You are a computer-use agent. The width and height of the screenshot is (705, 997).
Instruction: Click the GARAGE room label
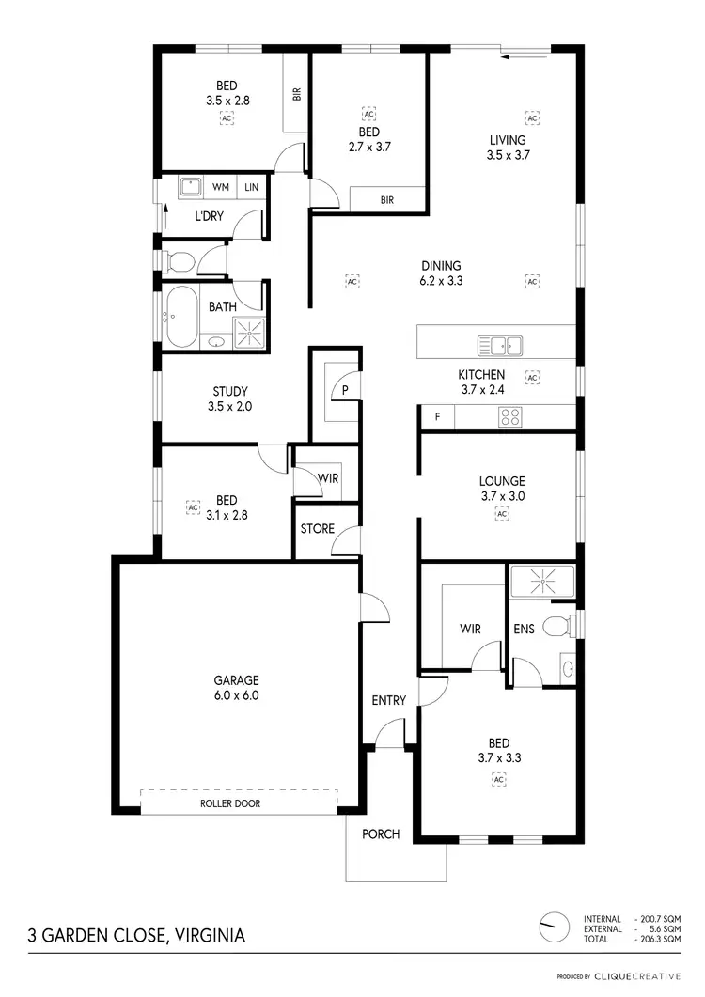tap(235, 680)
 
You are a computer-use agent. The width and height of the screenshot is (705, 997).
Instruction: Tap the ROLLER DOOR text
tap(230, 804)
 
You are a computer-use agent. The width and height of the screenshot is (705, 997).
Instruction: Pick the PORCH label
tap(381, 834)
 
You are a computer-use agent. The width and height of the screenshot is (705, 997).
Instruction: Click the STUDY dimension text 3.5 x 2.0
tap(229, 408)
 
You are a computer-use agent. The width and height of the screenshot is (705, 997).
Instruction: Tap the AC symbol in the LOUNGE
tap(502, 515)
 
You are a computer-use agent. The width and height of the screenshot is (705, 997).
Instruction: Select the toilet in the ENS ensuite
tap(558, 624)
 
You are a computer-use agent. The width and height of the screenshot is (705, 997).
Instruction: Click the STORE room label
tap(317, 529)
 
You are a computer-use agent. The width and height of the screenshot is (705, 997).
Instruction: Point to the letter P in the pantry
tap(346, 389)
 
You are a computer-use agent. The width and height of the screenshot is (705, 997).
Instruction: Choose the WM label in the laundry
tap(221, 188)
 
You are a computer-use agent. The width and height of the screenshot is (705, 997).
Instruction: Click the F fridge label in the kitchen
tap(437, 416)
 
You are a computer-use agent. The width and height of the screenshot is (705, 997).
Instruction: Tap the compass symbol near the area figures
tap(555, 927)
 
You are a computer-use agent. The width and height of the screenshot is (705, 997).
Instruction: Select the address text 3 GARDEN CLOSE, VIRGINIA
tap(137, 936)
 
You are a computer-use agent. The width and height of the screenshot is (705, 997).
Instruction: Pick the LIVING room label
tap(508, 141)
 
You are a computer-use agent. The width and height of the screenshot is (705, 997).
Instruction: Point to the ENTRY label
tap(388, 701)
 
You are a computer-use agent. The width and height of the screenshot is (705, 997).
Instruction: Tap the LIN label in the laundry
tap(251, 188)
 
